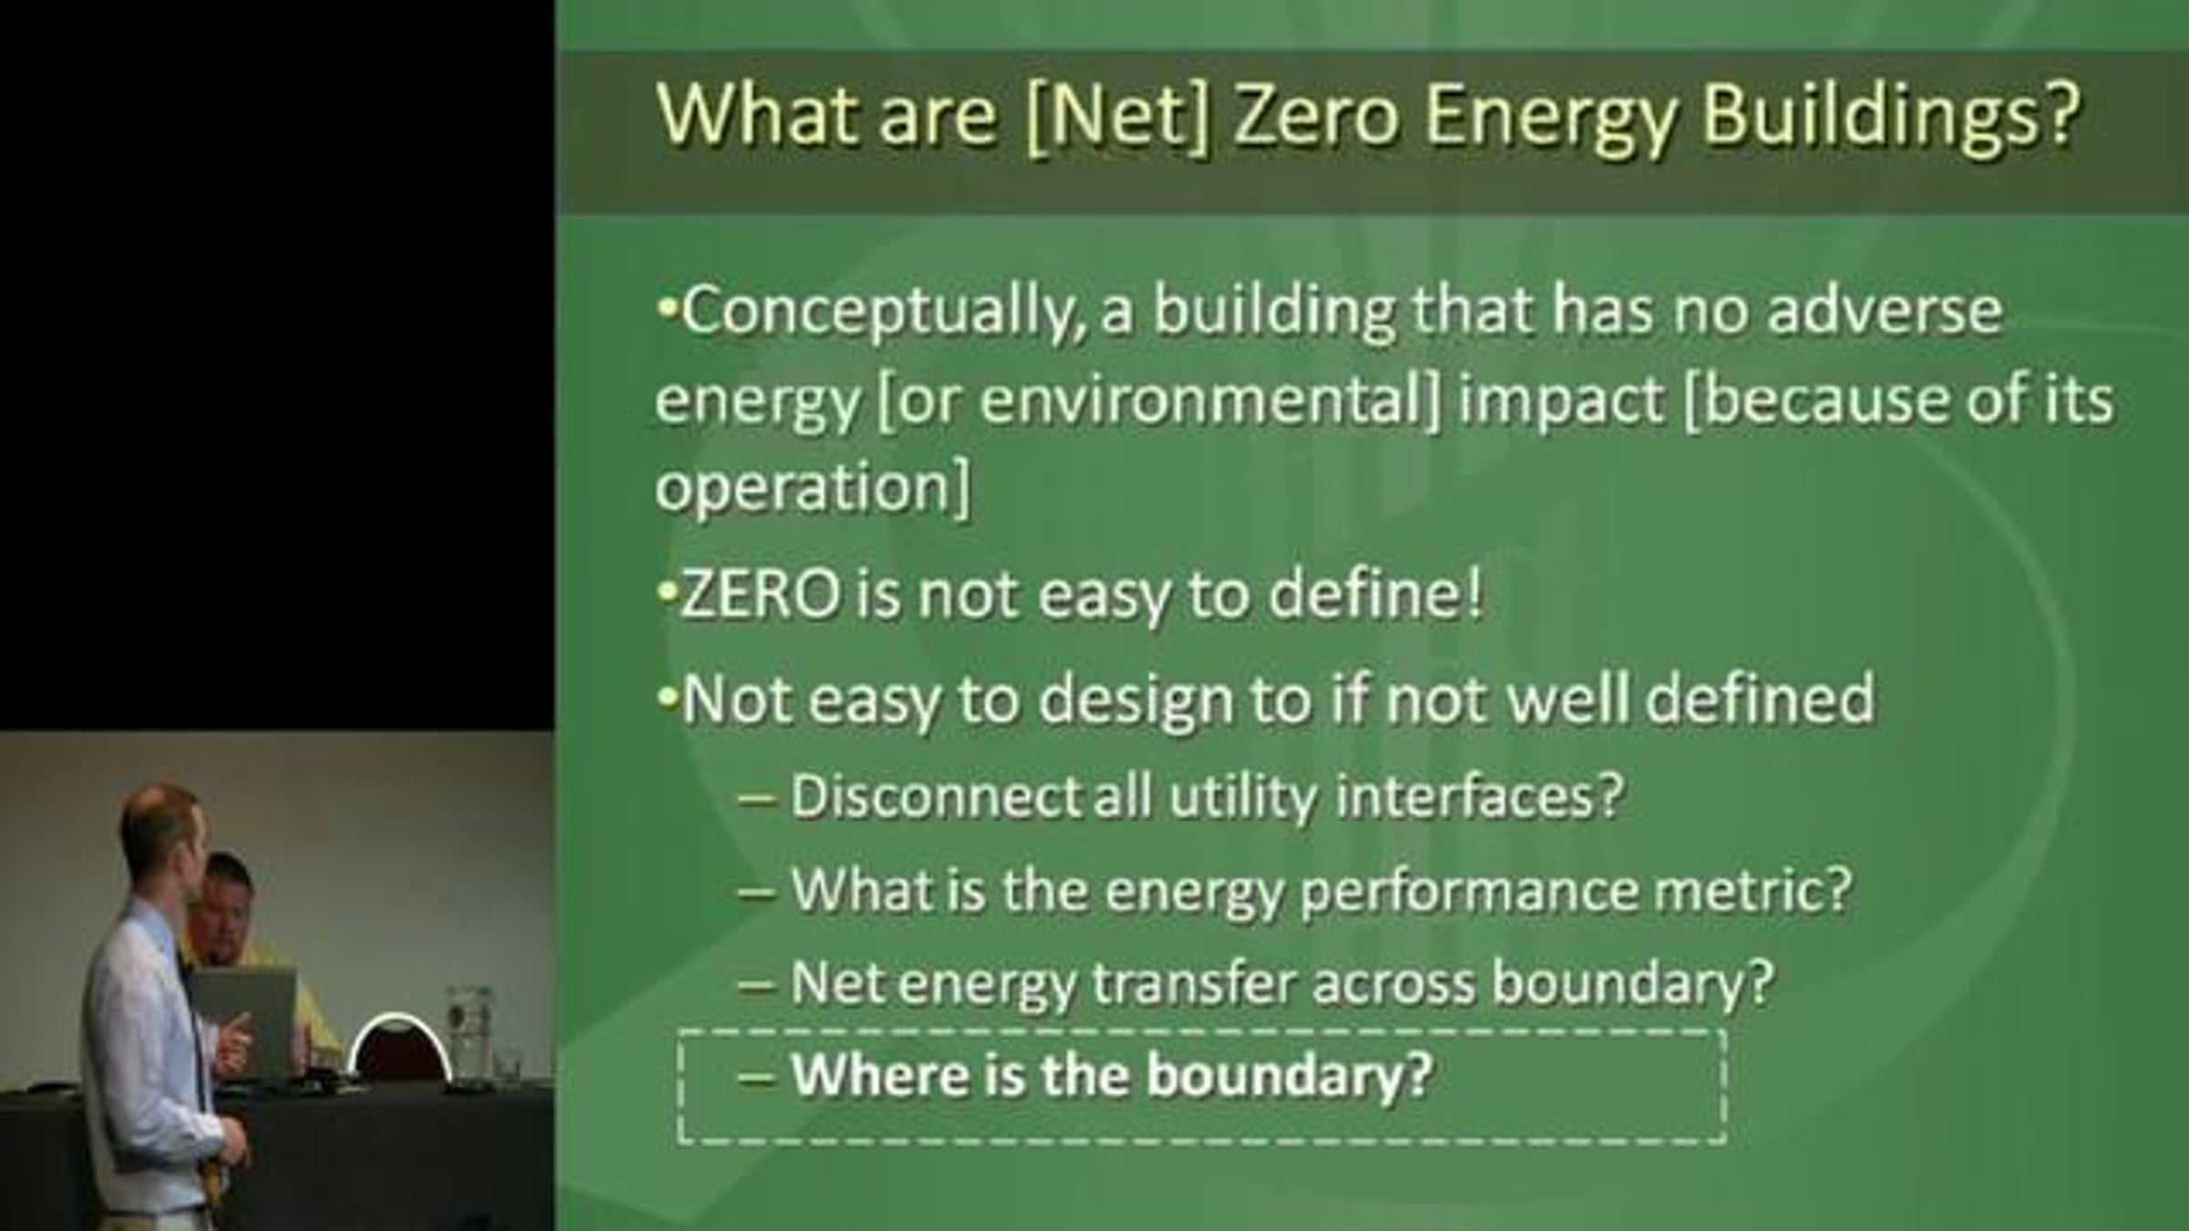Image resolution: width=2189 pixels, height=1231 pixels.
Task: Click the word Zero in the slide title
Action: [1316, 116]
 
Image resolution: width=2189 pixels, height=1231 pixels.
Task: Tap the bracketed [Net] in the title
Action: [1118, 118]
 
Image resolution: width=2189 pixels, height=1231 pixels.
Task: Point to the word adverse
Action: [1884, 310]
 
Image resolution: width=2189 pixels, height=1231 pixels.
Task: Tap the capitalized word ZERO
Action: [761, 595]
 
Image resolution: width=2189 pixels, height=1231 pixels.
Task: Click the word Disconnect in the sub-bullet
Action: [936, 796]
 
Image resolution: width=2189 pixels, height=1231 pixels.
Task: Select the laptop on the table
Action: [244, 1021]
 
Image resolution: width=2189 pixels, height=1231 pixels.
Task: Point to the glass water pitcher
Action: [470, 1035]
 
